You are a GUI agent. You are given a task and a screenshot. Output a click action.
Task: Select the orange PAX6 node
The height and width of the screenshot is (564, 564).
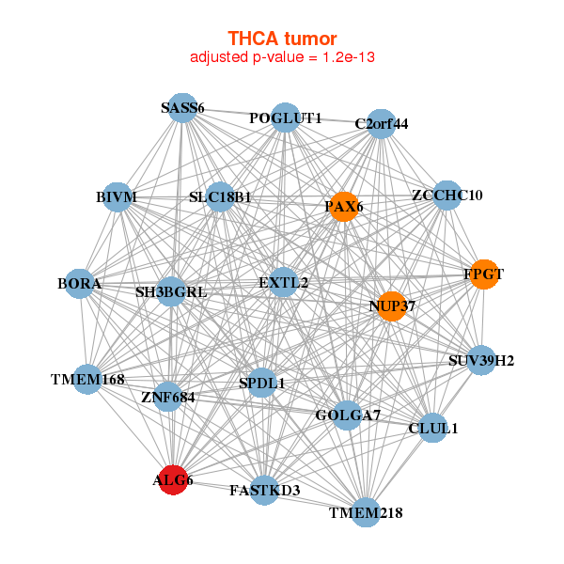tap(343, 207)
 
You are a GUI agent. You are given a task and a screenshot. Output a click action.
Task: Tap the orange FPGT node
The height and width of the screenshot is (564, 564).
tap(483, 274)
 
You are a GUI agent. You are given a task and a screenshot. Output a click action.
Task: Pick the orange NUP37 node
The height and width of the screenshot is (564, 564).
tap(392, 305)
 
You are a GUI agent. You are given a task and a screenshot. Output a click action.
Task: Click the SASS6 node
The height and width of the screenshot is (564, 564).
tap(182, 108)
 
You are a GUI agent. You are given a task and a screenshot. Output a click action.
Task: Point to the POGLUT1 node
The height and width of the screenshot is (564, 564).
tap(286, 117)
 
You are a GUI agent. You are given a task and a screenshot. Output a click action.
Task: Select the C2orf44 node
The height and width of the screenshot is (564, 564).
tap(381, 123)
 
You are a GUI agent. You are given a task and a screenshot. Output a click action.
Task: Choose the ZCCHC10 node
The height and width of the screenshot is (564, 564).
tap(446, 196)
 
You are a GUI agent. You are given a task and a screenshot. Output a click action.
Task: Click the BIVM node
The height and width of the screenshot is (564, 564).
tap(117, 196)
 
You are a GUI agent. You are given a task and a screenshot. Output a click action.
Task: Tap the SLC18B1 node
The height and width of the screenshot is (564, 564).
tap(220, 197)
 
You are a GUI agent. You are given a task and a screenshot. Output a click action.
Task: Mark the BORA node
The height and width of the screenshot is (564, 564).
tap(80, 283)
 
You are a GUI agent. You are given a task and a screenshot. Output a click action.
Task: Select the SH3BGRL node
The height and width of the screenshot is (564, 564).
tap(171, 292)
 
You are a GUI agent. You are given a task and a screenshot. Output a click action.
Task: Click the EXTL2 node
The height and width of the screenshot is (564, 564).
tap(283, 282)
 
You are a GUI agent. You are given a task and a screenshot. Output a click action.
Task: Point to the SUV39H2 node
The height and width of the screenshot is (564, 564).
tap(481, 360)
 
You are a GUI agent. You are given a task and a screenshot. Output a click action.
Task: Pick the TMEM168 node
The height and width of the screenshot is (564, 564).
tap(86, 380)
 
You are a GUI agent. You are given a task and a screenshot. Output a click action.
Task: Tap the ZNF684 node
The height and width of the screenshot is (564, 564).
tap(168, 397)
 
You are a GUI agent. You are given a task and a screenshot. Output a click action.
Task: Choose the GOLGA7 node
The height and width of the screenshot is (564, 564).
tap(347, 415)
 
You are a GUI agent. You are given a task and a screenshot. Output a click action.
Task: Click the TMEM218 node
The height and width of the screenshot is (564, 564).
tap(367, 513)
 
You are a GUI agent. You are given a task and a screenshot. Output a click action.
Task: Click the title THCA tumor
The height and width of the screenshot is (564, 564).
tap(282, 39)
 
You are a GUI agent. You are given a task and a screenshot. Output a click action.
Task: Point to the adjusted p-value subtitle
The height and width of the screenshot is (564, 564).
tap(282, 57)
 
